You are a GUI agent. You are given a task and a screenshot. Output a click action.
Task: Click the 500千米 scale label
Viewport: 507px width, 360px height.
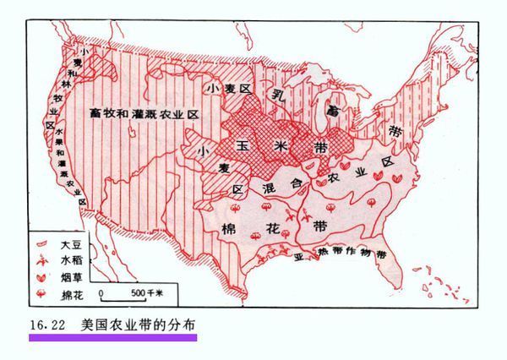(x=150, y=293)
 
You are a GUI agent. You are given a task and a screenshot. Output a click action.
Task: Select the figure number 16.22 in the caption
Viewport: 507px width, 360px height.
(x=47, y=323)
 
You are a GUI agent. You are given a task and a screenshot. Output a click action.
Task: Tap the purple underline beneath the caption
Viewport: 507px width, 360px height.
(x=112, y=336)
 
